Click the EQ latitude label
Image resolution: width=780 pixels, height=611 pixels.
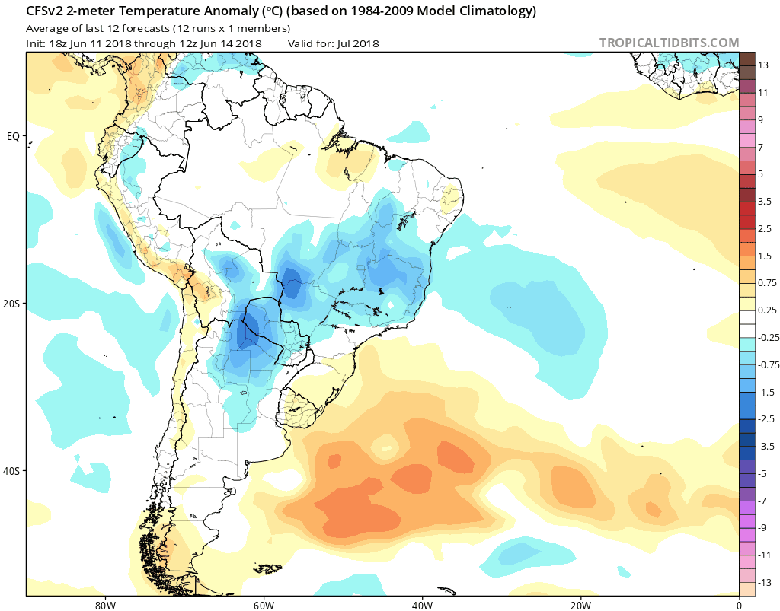click(12, 136)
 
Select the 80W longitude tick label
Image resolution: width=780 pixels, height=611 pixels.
click(105, 605)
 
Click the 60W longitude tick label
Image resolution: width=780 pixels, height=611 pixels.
click(264, 605)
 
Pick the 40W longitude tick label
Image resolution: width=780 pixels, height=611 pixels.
click(422, 605)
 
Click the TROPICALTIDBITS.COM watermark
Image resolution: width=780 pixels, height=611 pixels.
click(669, 43)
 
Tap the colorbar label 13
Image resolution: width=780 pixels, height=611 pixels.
click(762, 65)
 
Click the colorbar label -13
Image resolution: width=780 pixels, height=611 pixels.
click(765, 582)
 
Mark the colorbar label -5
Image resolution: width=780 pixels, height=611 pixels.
click(762, 473)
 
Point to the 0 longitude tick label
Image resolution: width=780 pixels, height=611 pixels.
click(739, 605)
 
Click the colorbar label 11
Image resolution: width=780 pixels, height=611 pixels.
click(762, 92)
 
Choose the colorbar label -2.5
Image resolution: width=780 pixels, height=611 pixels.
click(766, 418)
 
